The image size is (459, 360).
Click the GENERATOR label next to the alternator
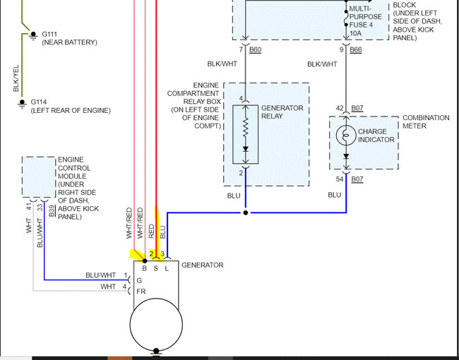(x=203, y=265)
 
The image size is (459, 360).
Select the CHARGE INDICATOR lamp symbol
(x=346, y=136)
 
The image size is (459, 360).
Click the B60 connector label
(x=256, y=50)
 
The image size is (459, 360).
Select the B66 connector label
(x=356, y=50)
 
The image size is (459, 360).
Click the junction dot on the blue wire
(x=246, y=212)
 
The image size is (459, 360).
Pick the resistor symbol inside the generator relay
(x=246, y=128)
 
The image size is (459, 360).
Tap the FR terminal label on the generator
(x=141, y=290)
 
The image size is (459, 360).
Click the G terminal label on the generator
(x=139, y=280)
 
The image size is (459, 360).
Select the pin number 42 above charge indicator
(x=339, y=108)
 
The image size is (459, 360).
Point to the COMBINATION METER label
(x=426, y=121)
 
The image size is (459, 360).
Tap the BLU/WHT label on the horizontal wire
(x=101, y=275)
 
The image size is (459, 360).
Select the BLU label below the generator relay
(x=234, y=195)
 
